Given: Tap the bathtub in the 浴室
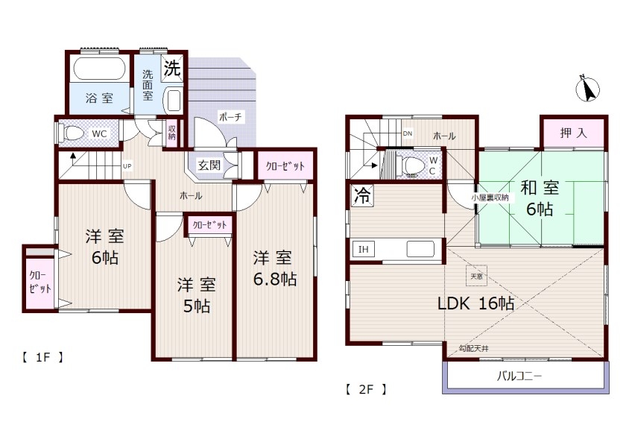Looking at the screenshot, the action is point(99,69).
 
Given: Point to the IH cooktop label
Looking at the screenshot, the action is point(363,250).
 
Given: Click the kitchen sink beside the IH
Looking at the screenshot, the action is point(420,249).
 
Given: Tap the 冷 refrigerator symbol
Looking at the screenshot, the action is point(363,195).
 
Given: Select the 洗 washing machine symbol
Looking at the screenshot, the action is point(172,68).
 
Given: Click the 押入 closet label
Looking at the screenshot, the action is point(573,133).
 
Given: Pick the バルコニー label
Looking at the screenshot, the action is point(519,376).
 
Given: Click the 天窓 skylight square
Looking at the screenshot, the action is point(476,276).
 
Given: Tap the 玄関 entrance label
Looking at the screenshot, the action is point(209,165).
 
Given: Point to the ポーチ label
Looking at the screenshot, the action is point(230,117).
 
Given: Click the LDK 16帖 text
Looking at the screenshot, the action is point(475,303).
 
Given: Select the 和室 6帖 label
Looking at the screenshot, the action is point(540,198).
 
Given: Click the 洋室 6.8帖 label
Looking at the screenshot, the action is point(274,268).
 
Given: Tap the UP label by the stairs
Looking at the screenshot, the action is point(127,165).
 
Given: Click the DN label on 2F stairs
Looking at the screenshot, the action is point(407,133).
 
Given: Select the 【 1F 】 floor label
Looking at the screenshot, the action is point(42,357).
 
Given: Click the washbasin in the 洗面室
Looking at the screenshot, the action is point(174,101).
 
